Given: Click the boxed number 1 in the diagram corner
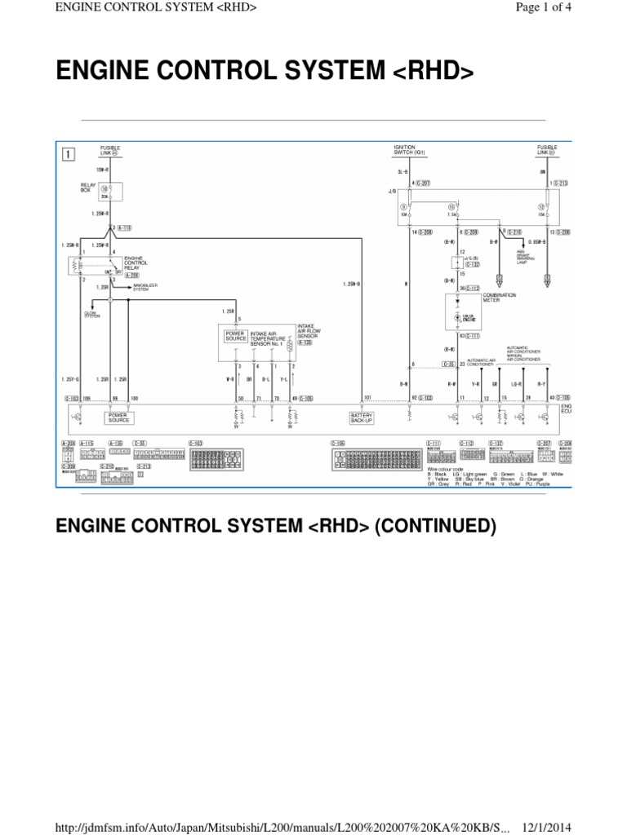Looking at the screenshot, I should click(x=68, y=152).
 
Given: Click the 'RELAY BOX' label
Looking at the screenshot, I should click(x=88, y=188).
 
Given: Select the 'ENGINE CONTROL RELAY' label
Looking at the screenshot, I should click(x=136, y=263).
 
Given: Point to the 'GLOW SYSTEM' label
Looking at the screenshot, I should click(x=92, y=314).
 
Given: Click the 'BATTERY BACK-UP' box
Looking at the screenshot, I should click(x=362, y=417).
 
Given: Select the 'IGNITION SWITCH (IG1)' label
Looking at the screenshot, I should click(x=410, y=151).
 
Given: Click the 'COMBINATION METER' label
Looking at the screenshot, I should click(x=500, y=297).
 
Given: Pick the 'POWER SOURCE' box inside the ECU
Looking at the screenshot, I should click(x=119, y=417).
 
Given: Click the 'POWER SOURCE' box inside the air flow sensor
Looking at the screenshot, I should click(x=236, y=336).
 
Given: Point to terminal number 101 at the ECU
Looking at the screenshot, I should click(x=367, y=398).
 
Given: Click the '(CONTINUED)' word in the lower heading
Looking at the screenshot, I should click(x=435, y=527).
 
